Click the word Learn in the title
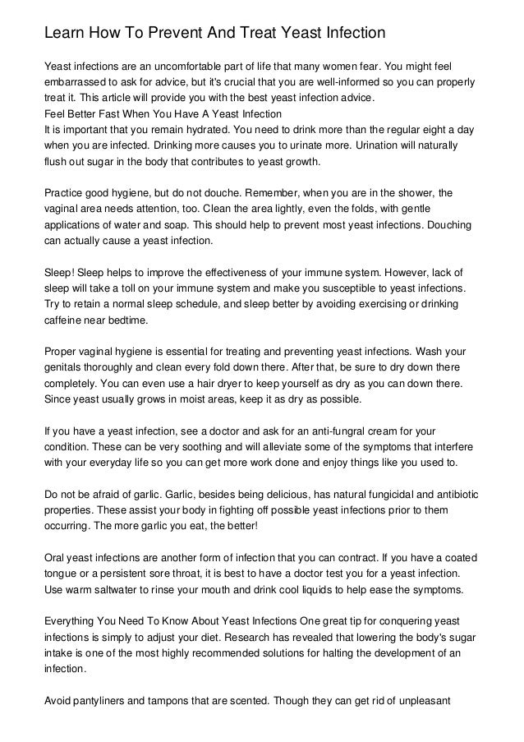63,34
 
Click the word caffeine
66,320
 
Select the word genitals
65,367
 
